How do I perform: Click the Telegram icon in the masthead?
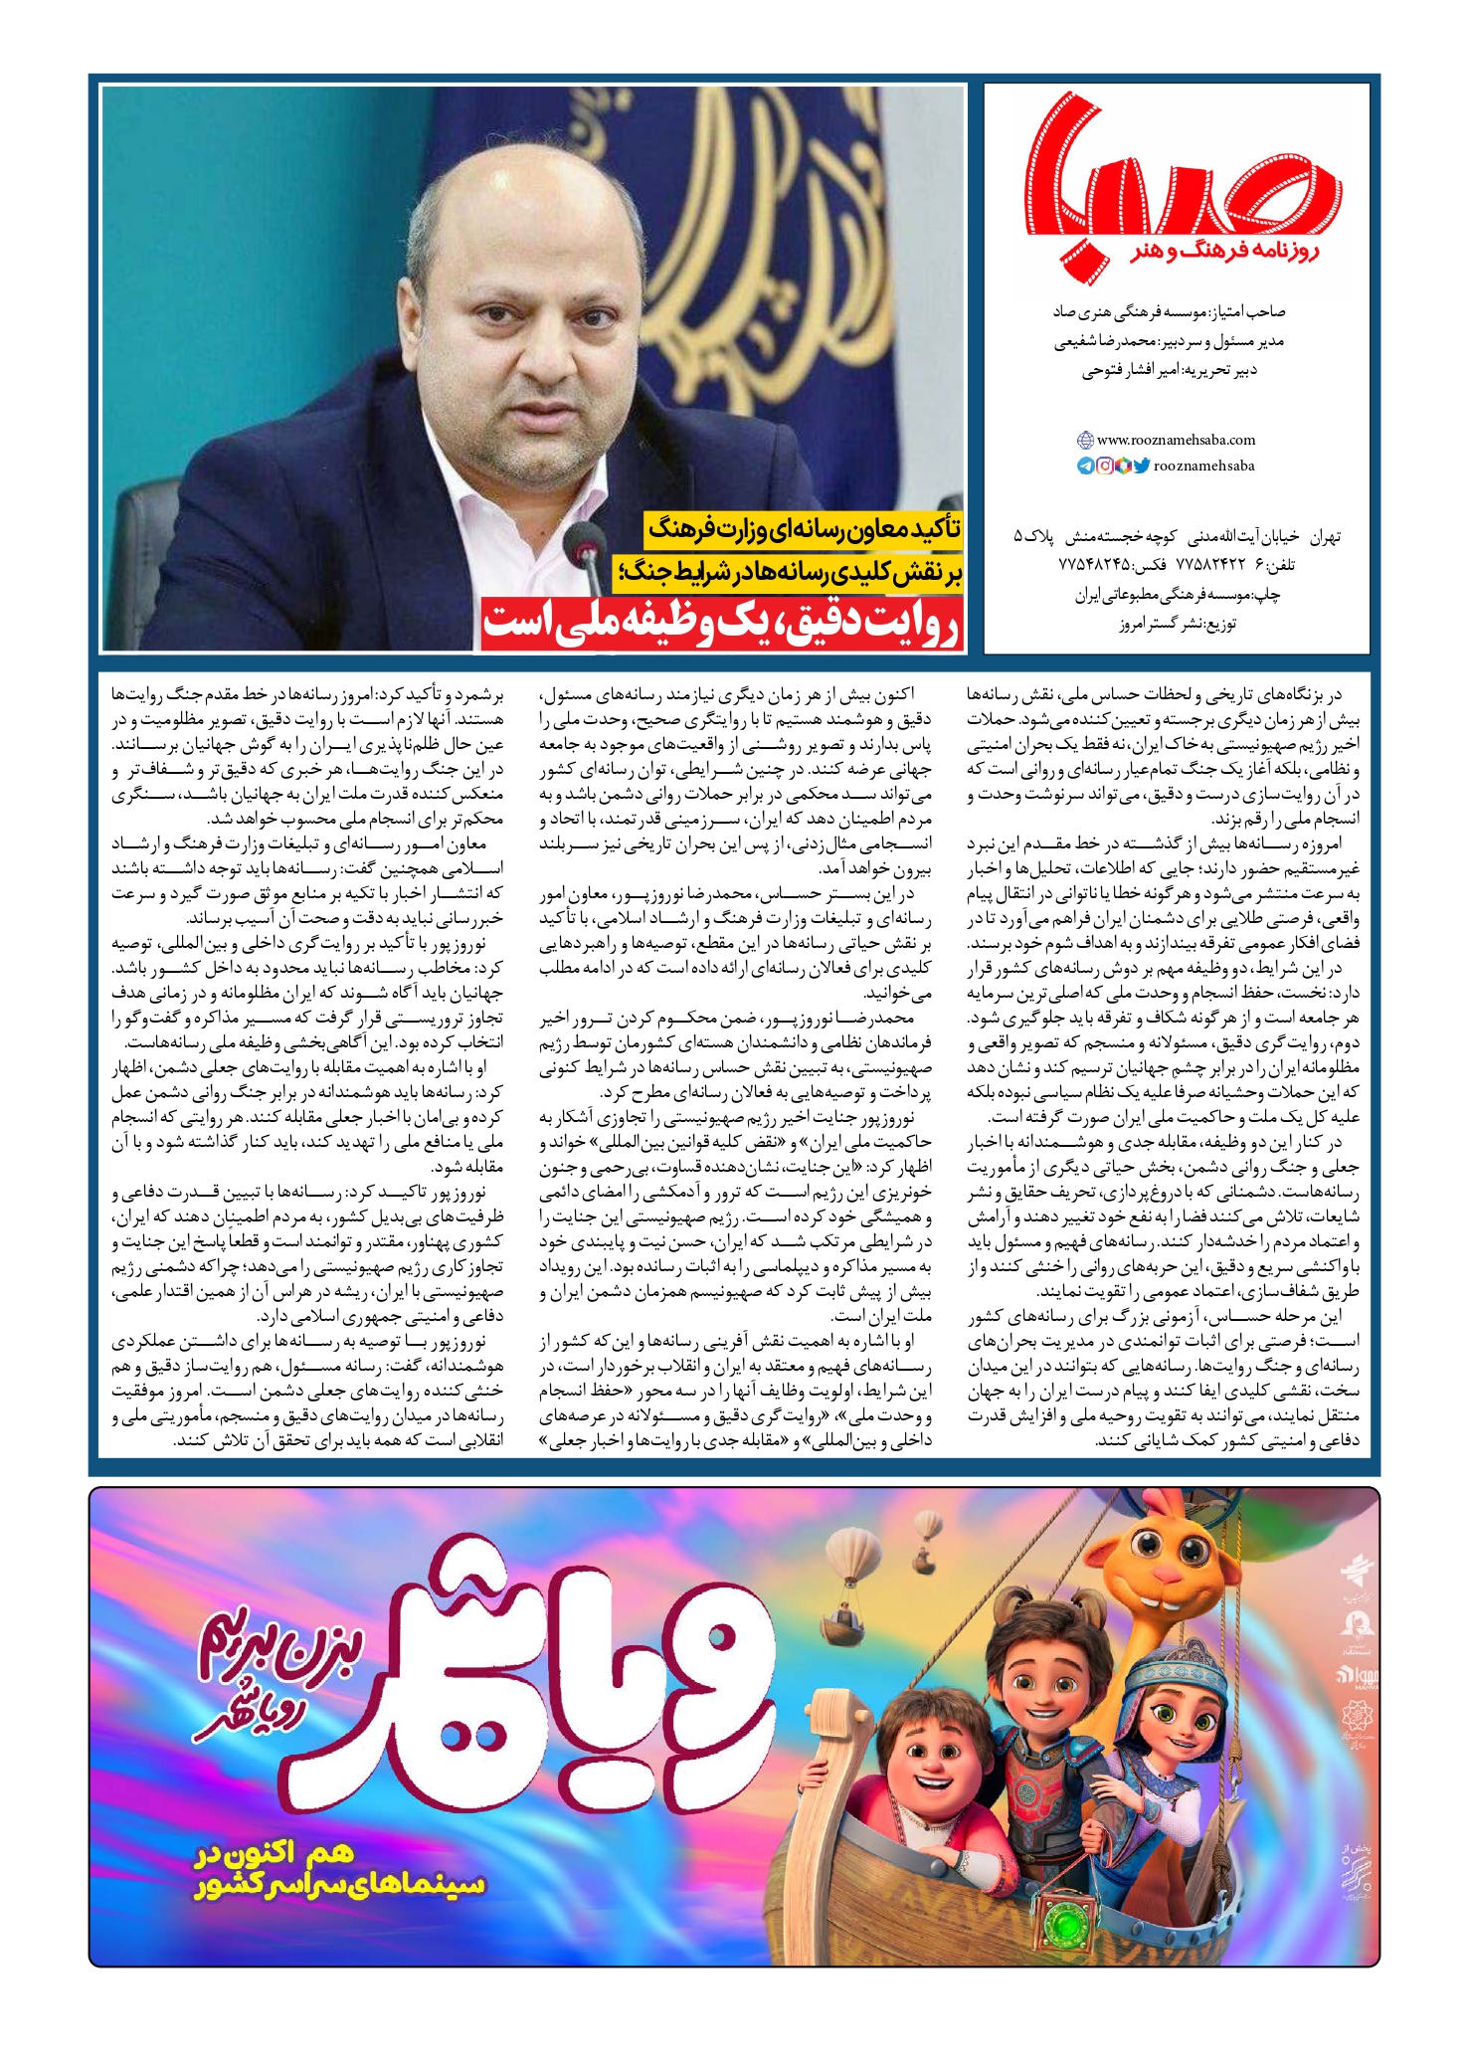coord(1086,466)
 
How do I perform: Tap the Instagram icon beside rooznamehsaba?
coord(1104,466)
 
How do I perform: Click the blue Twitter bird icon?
coord(1141,466)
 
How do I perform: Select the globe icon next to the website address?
coord(1086,440)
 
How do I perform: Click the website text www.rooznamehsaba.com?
coord(1176,440)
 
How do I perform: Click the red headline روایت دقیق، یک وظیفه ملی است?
coord(722,623)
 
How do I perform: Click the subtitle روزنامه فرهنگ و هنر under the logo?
coord(1225,253)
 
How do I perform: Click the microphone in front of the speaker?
coord(575,543)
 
